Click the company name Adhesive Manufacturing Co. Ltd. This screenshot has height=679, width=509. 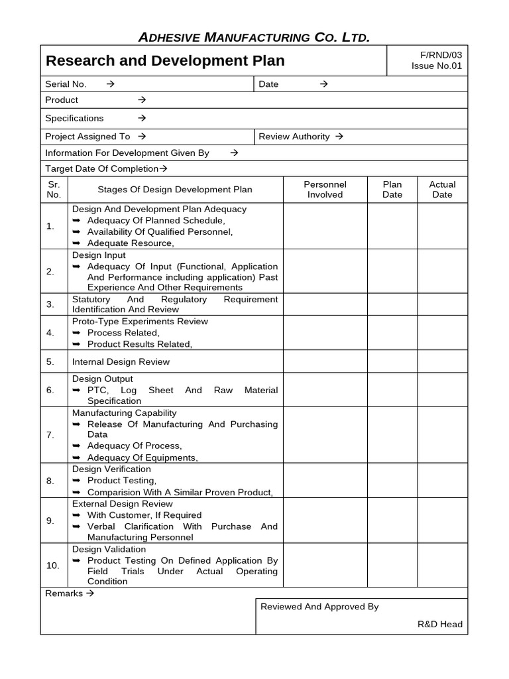coord(254,37)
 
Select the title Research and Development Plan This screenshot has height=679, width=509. coord(165,61)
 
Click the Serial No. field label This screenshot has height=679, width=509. coord(66,84)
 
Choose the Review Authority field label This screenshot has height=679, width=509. coord(294,137)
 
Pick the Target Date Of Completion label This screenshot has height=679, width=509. coord(102,168)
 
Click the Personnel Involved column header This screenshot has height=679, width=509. coord(325,190)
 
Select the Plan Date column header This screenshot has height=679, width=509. coord(392,190)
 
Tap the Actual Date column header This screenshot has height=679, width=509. coord(442,190)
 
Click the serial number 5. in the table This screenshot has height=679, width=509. coord(50,362)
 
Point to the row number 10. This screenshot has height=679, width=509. coord(52,566)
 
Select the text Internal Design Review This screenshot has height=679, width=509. coord(121,362)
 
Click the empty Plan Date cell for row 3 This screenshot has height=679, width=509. coord(392,304)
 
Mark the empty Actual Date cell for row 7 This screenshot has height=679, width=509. coord(442,435)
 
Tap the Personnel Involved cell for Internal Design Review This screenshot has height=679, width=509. coord(325,362)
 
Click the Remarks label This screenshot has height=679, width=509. coord(64,593)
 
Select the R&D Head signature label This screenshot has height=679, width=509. coord(440,624)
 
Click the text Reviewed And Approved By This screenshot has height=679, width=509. coord(319,607)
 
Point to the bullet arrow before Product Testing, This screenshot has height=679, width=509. coord(76,481)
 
